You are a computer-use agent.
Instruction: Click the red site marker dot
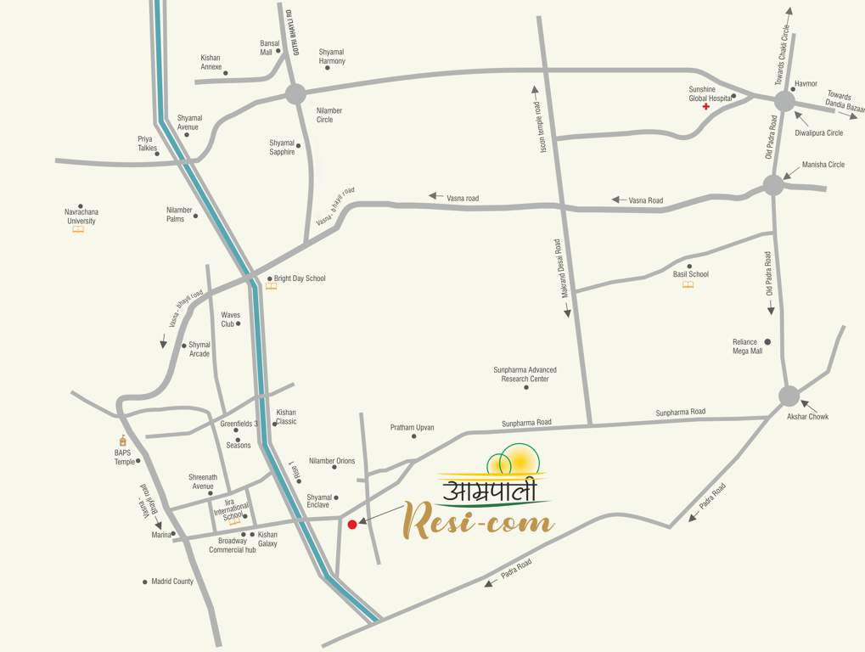352,525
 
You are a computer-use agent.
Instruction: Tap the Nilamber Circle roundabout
295,94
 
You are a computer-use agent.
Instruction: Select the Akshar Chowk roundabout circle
789,396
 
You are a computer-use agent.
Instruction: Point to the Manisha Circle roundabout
773,185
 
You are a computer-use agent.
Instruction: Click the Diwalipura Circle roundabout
784,101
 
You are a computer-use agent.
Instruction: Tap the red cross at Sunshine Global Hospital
705,107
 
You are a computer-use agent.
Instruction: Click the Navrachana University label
81,216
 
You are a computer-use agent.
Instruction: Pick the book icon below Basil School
688,285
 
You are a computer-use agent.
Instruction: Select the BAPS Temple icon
123,441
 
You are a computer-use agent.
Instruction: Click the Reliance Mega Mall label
748,346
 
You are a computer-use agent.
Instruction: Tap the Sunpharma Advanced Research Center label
525,374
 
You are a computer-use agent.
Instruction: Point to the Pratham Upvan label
412,427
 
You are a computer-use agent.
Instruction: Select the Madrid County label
172,582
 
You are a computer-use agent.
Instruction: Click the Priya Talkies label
148,143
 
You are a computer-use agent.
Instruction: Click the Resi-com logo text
479,520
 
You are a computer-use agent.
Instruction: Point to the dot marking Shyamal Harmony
328,67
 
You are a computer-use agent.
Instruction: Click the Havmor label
806,84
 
